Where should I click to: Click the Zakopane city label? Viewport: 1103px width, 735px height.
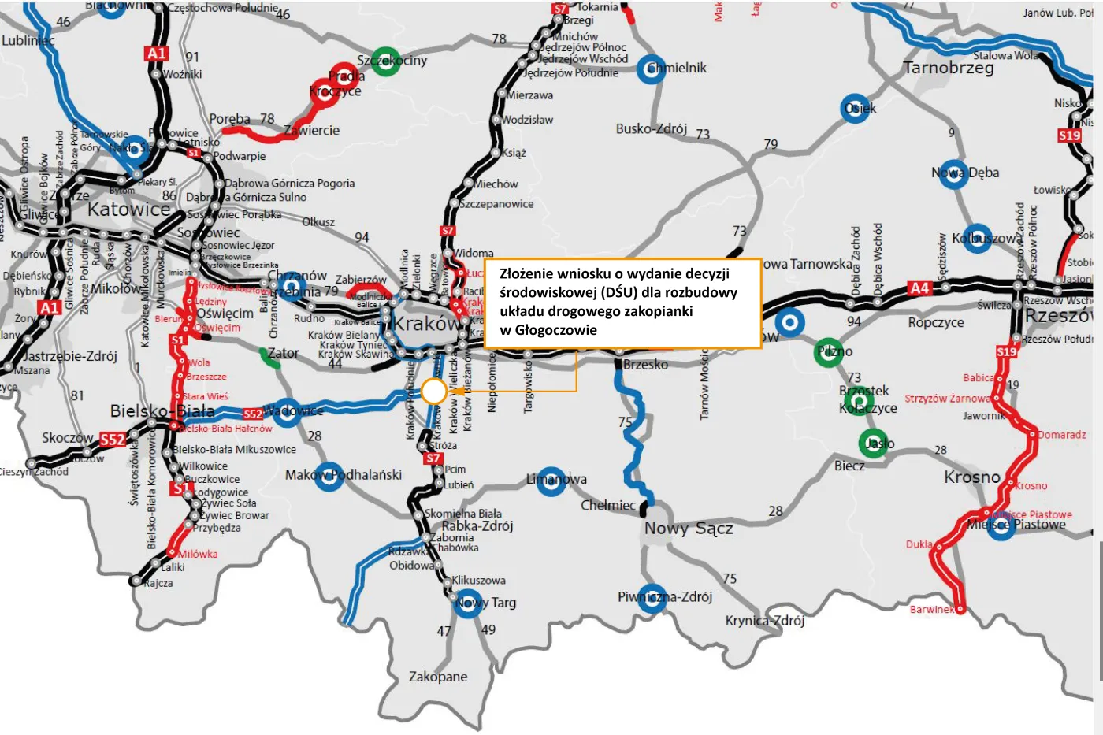(437, 677)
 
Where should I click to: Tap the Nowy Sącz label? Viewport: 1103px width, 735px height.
(689, 529)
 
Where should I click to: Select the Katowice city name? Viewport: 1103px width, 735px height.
(128, 210)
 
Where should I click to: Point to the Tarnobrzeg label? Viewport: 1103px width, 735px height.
(949, 68)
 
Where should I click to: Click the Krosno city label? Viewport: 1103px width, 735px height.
(971, 477)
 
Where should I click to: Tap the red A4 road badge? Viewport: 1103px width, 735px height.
(919, 288)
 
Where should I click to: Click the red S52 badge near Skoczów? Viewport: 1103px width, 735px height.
(113, 440)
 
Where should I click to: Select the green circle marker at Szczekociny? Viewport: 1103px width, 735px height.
(385, 61)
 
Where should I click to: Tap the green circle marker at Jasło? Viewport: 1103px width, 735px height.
(873, 444)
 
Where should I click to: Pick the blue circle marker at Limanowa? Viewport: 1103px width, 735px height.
(551, 481)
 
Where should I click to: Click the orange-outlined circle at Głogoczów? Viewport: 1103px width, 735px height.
(433, 391)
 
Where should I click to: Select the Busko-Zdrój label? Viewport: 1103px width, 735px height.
(651, 129)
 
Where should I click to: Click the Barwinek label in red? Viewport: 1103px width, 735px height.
(931, 609)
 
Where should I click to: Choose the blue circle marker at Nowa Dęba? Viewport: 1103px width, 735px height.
(954, 174)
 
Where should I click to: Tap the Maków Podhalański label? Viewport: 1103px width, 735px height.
(344, 475)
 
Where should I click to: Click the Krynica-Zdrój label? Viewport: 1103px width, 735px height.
(764, 621)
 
